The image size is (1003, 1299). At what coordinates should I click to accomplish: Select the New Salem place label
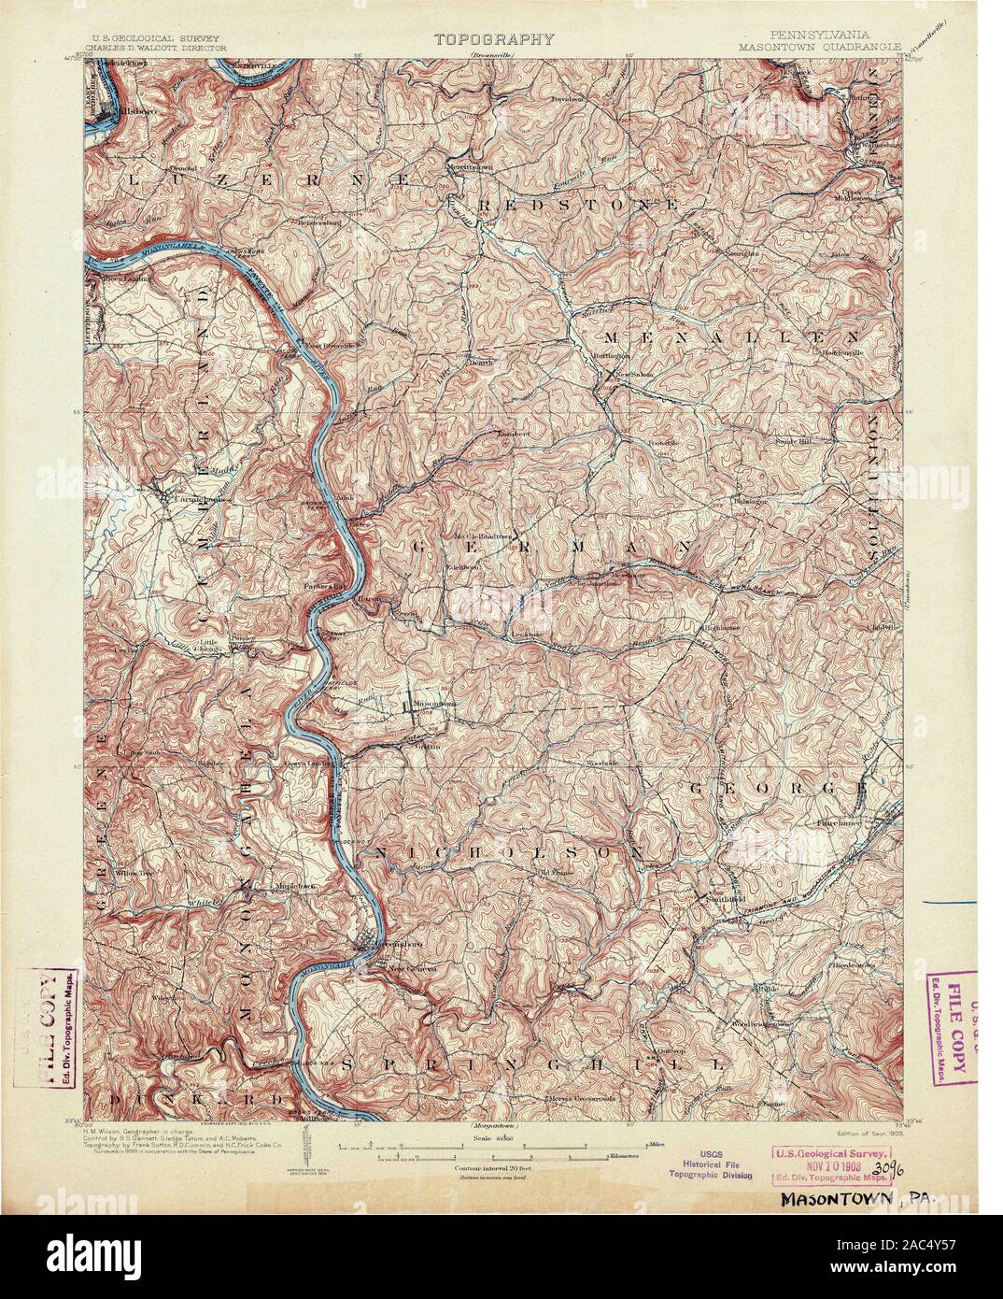[x=629, y=377]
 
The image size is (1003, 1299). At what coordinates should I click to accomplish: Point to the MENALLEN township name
[x=731, y=334]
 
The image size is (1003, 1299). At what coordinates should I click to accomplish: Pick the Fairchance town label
[x=838, y=822]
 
